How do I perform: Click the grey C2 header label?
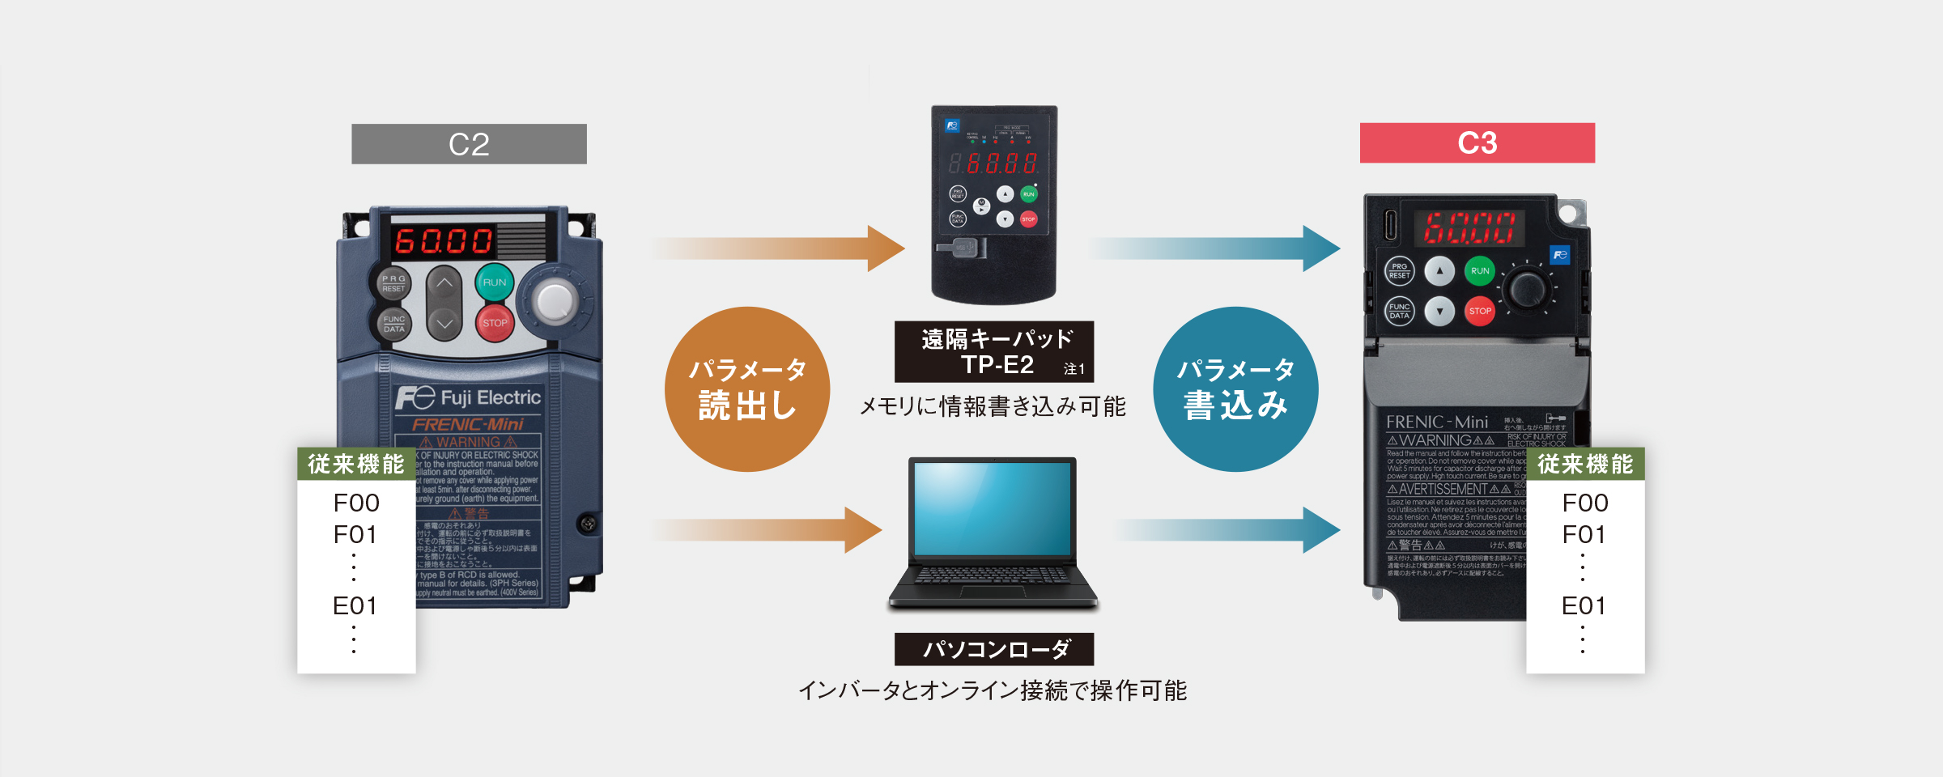click(x=469, y=144)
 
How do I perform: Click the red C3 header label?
click(x=1477, y=143)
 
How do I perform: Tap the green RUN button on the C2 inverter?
click(x=494, y=282)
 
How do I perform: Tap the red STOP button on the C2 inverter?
click(x=494, y=323)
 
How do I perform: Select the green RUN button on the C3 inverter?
click(x=1479, y=271)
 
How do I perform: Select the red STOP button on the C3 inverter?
click(x=1479, y=311)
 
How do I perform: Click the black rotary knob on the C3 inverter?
click(x=1527, y=288)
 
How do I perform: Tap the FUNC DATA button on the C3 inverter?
click(x=1400, y=311)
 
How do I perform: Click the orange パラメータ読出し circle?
click(x=746, y=389)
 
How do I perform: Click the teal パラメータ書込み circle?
click(x=1235, y=389)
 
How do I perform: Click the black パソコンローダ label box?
click(x=993, y=649)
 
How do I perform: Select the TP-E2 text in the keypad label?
click(x=997, y=365)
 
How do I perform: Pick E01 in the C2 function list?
click(x=355, y=605)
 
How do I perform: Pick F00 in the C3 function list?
click(x=1584, y=503)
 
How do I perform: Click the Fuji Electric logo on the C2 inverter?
click(x=468, y=397)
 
